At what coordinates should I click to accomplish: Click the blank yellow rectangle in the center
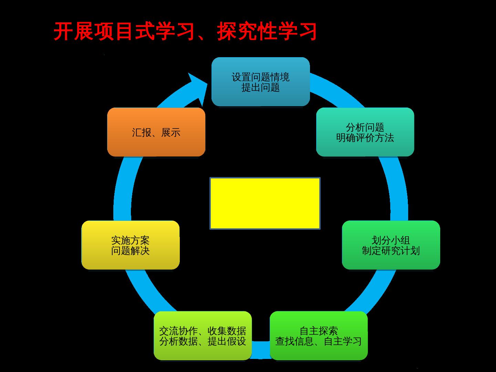[x=265, y=203]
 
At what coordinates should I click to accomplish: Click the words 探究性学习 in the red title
[x=267, y=32]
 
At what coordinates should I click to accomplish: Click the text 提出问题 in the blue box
[x=260, y=87]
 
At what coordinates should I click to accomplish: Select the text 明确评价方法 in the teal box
[x=365, y=138]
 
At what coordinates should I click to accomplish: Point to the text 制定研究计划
[x=391, y=251]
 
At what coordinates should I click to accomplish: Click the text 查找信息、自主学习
[x=319, y=341]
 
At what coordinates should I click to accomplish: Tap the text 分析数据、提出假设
[x=203, y=341]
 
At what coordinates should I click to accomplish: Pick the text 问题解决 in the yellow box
[x=131, y=251]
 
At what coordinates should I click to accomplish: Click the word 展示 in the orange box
[x=171, y=133]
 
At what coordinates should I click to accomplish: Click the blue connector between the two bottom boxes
[x=261, y=350]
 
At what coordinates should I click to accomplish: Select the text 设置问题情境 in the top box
[x=260, y=77]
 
